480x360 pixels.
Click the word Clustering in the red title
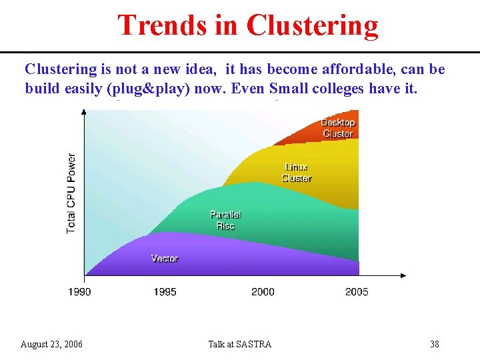[x=312, y=25]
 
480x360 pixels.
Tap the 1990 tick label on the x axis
[x=79, y=291]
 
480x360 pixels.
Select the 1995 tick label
[x=165, y=291]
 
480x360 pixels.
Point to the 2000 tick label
[x=263, y=291]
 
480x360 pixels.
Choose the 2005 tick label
[x=357, y=291]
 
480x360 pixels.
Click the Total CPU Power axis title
[x=71, y=193]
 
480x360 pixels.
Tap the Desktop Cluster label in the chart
[x=337, y=128]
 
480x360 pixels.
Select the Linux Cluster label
[x=297, y=173]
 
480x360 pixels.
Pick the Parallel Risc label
[x=225, y=220]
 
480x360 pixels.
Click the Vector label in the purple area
[x=165, y=259]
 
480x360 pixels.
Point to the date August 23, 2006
[x=51, y=344]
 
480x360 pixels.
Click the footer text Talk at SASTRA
[x=240, y=344]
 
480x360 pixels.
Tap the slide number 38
[x=434, y=344]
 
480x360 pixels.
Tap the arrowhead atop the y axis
[x=83, y=112]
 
